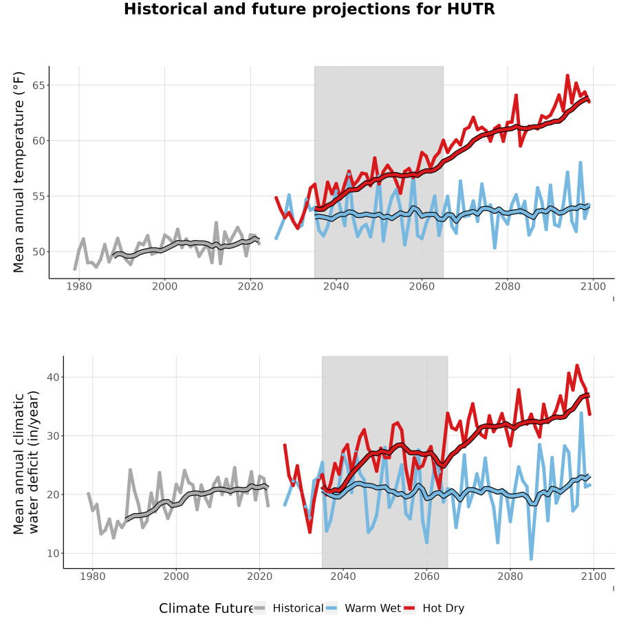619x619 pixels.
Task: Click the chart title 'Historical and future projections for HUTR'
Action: [309, 9]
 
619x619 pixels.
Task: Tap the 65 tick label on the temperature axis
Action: [39, 85]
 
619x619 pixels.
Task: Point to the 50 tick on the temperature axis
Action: [39, 252]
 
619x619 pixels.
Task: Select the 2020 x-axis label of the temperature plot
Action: [250, 286]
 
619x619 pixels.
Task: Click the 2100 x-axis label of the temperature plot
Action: [593, 286]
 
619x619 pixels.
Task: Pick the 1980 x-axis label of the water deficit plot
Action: [93, 576]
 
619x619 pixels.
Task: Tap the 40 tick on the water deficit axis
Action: [53, 377]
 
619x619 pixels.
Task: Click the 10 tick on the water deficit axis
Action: [53, 554]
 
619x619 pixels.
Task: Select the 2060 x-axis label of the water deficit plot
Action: [426, 576]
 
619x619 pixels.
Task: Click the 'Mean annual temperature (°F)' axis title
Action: [19, 172]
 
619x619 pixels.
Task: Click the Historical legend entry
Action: [288, 608]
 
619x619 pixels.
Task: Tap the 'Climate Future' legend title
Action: [206, 609]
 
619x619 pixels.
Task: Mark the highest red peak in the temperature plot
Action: [567, 75]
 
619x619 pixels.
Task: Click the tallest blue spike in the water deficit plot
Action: [581, 413]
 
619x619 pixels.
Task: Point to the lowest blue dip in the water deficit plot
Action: [531, 559]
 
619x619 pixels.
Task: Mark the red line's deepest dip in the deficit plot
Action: [310, 532]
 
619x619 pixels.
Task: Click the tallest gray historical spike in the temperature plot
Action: [216, 223]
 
